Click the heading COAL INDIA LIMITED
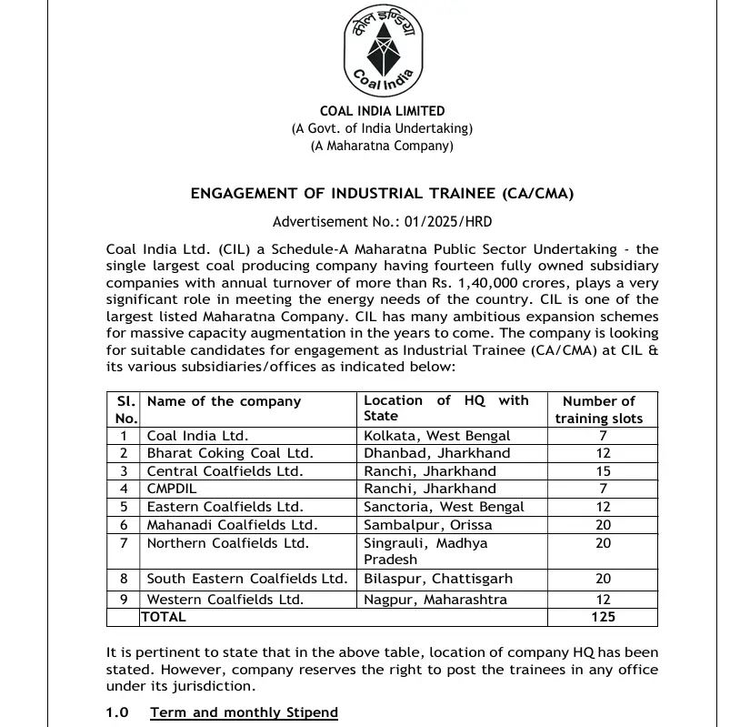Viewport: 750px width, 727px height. (x=382, y=112)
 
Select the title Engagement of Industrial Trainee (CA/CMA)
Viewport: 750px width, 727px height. (x=382, y=193)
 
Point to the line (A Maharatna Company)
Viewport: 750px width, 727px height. (x=382, y=146)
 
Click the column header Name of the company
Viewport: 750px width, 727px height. (x=224, y=401)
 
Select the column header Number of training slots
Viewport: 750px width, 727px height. (x=599, y=409)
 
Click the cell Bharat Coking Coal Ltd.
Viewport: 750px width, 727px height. (x=230, y=453)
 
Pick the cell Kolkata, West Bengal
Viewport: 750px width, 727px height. (x=437, y=436)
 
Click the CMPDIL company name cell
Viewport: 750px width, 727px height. (x=172, y=489)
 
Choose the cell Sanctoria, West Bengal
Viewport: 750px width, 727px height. (x=444, y=507)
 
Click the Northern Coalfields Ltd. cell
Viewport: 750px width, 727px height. (x=228, y=543)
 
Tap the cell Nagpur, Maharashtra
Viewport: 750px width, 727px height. (x=435, y=600)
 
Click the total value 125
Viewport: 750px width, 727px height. (x=602, y=617)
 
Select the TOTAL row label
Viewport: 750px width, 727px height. (x=164, y=617)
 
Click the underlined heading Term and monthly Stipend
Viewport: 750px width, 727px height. (x=244, y=712)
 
